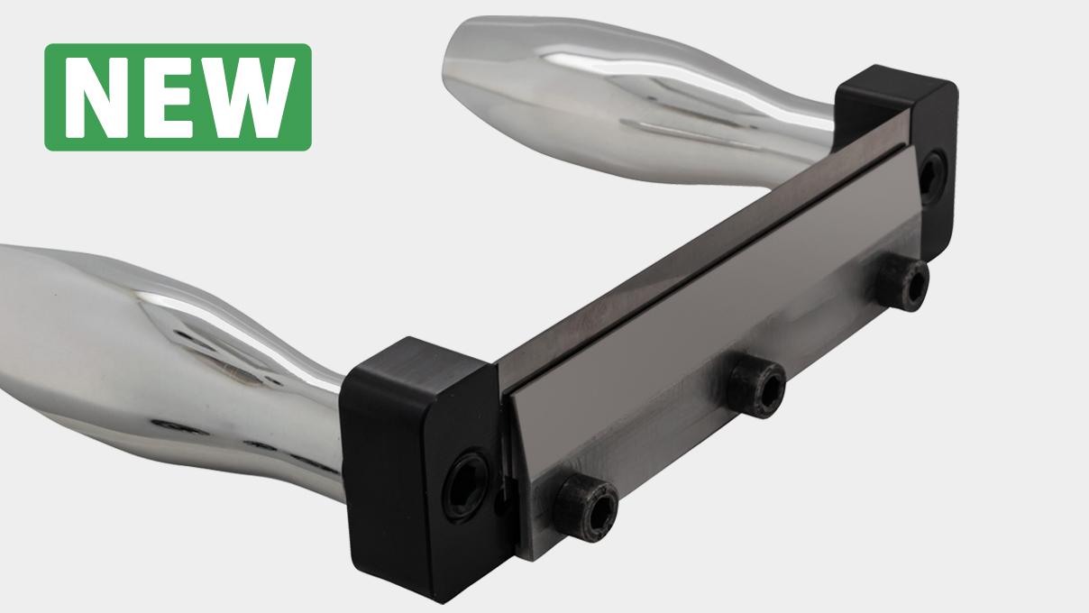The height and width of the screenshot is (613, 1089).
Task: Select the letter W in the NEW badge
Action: [251, 97]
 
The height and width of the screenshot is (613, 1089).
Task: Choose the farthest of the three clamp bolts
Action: [903, 284]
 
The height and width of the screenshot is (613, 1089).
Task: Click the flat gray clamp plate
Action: [703, 297]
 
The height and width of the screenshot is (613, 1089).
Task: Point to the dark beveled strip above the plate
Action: [685, 252]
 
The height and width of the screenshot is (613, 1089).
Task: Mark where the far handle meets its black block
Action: [834, 122]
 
